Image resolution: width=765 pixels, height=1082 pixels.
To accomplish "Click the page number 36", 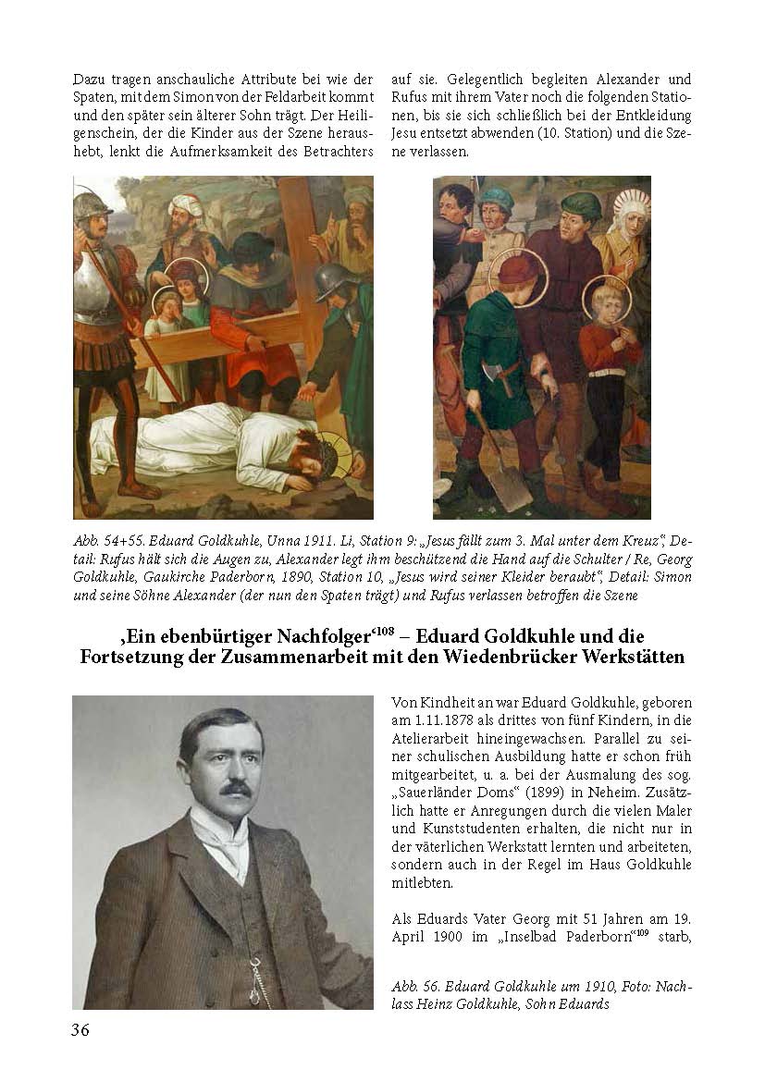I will pyautogui.click(x=80, y=1030).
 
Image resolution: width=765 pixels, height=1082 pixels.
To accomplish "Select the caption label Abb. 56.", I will pyautogui.click(x=417, y=987).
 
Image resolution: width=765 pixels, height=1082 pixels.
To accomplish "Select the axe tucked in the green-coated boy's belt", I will pyautogui.click(x=505, y=374).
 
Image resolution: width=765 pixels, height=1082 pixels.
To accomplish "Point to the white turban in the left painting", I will pyautogui.click(x=185, y=203).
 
